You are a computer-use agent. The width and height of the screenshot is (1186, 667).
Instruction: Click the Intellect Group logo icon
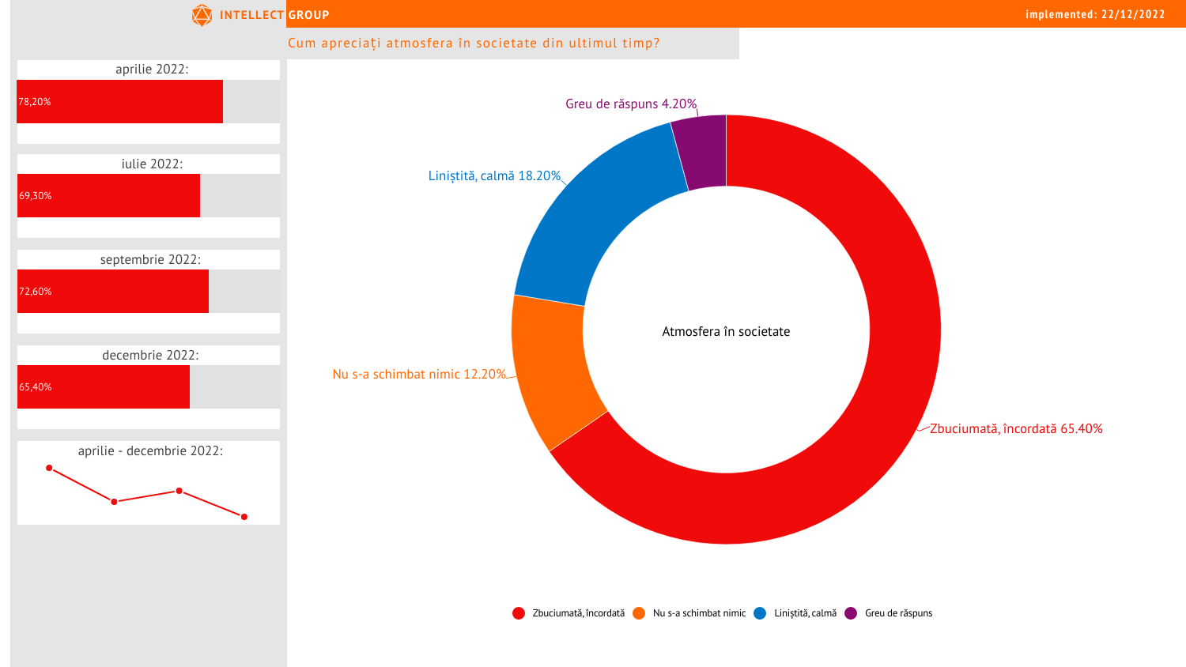(x=202, y=15)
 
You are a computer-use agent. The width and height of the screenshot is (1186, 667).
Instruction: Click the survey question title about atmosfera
(x=474, y=43)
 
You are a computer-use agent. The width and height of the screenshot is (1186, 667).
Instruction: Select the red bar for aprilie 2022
(x=120, y=101)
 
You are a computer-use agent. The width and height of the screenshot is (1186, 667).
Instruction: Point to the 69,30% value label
(x=36, y=196)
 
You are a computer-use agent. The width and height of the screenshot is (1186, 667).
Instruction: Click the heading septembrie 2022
(x=150, y=260)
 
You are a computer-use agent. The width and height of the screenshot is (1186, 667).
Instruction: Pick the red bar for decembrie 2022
(x=104, y=386)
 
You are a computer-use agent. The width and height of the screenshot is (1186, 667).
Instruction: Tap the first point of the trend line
(x=49, y=468)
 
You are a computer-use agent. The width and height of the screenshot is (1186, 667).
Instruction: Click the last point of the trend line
(x=244, y=517)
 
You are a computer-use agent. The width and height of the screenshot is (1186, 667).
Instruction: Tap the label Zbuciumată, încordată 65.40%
(x=1016, y=429)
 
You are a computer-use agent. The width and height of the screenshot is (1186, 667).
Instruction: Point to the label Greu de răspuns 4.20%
(x=631, y=104)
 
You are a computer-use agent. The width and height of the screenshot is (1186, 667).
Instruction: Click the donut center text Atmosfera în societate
(x=726, y=332)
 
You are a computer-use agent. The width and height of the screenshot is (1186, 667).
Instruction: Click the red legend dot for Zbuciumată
(x=519, y=613)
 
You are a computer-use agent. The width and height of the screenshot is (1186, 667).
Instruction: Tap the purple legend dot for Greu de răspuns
(x=851, y=613)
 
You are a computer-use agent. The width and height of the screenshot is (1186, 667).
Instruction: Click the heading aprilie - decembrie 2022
(x=150, y=451)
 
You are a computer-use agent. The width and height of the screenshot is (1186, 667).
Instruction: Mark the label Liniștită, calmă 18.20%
(x=494, y=176)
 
